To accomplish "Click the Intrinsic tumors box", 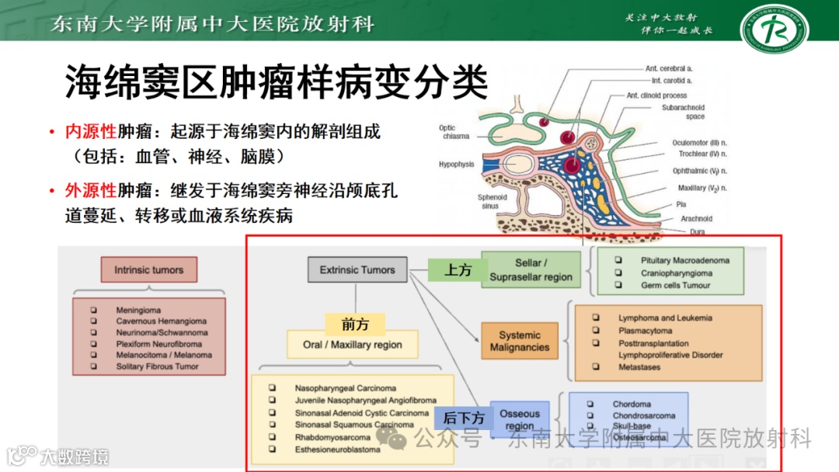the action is coord(149,270).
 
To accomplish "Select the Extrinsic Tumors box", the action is coord(357,269).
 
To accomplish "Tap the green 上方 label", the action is coord(458,269).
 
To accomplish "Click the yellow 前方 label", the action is coord(355,324).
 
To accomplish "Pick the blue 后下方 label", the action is coord(464,418).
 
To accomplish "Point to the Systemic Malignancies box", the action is coord(520,342).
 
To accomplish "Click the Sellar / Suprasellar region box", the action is coord(531,269).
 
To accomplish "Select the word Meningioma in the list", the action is coord(139,311).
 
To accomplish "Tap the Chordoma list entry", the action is coord(632,404).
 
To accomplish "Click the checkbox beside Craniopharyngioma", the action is coord(619,273).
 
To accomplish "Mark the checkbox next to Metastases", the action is coord(596,367).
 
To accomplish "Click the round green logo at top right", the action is coord(774,29).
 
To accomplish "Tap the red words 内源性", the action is coord(90,132).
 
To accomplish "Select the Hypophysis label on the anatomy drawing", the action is coord(456,165).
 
